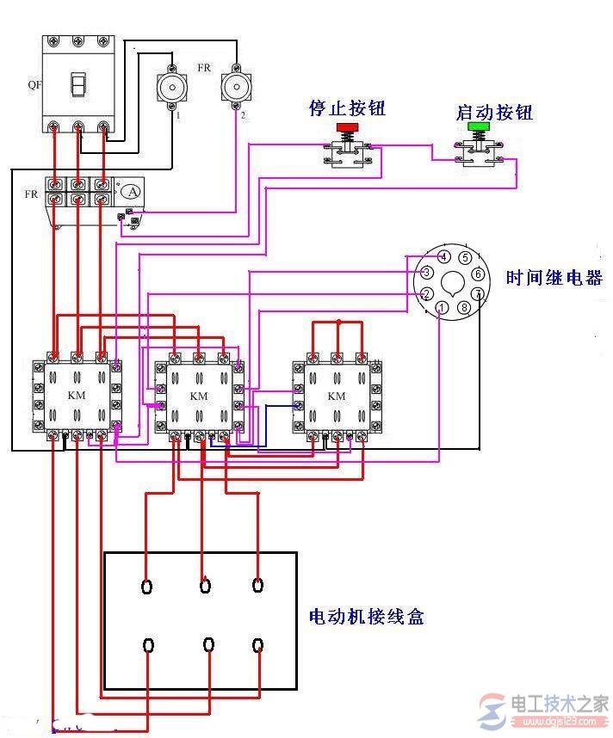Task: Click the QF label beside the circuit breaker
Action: (33, 85)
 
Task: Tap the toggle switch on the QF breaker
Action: (79, 85)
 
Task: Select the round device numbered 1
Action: (170, 87)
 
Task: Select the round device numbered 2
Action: (235, 86)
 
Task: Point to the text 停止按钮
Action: (347, 108)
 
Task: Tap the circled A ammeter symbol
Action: (130, 191)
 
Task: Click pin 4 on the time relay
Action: (443, 257)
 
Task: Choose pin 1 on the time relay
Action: (441, 308)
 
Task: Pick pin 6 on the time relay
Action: (477, 274)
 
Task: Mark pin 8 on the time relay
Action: (465, 307)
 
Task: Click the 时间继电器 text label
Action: (554, 278)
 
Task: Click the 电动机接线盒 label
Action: (366, 617)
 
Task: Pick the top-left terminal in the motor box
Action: (147, 587)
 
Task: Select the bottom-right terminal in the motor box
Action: (258, 644)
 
